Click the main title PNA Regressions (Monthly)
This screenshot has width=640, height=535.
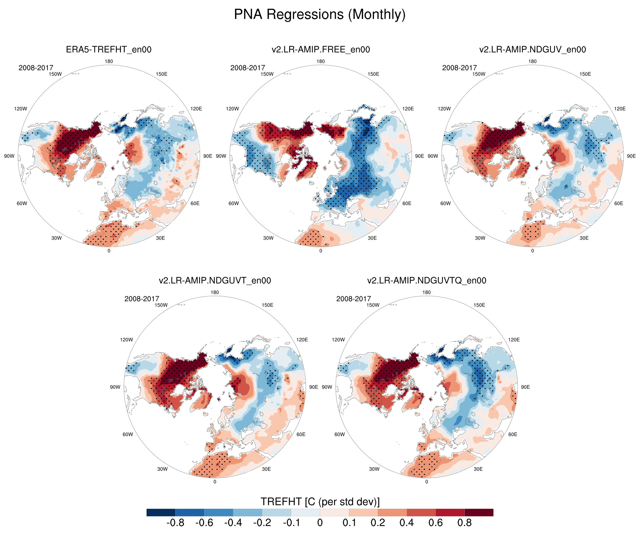click(x=320, y=14)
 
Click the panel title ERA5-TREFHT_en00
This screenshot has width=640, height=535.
click(x=109, y=49)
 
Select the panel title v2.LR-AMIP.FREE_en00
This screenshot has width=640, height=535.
click(x=321, y=49)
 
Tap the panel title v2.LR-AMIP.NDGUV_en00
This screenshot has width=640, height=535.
click(x=532, y=49)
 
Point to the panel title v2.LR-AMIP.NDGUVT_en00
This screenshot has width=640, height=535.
click(x=215, y=280)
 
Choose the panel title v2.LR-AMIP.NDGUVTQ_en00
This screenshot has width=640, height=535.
click(x=427, y=280)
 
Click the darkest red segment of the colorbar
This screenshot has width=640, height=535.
click(x=479, y=512)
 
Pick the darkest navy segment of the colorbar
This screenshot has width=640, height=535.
click(x=161, y=512)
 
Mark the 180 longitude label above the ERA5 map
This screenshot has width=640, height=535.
click(x=109, y=61)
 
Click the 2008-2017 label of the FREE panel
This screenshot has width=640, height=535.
click(x=247, y=68)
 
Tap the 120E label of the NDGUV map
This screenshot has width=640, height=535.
click(x=620, y=109)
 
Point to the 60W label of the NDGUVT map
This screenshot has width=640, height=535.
click(x=128, y=434)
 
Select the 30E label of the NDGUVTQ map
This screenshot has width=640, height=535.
click(x=478, y=469)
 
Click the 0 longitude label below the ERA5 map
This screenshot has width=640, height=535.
click(x=109, y=251)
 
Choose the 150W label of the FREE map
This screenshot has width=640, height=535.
click(x=267, y=74)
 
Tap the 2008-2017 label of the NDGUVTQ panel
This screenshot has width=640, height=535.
click(x=354, y=299)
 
